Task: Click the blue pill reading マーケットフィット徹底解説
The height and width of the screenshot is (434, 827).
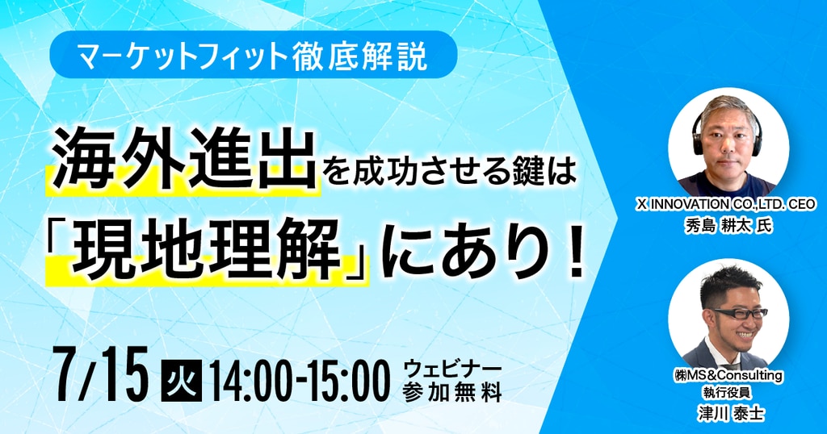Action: coord(253,55)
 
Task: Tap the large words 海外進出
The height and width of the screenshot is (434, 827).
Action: coord(184,159)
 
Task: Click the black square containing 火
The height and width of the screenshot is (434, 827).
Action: coord(181,380)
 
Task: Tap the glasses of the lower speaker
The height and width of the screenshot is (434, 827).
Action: coord(738,313)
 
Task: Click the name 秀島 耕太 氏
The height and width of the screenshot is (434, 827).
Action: coord(728,225)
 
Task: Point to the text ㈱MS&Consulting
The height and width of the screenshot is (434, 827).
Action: coord(728,376)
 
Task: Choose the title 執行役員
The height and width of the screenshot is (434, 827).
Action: coord(728,392)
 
